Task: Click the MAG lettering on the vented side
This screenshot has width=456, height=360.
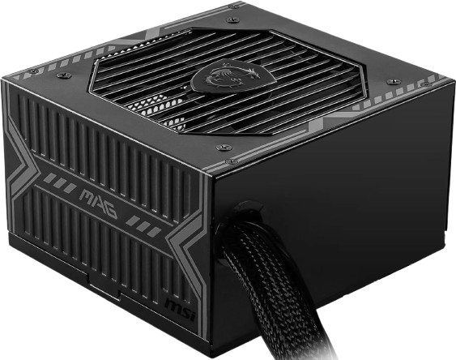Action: coord(98,204)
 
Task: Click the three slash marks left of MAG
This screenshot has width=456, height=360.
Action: coord(59,182)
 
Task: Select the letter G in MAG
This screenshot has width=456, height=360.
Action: coord(110,211)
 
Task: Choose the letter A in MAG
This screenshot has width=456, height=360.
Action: coord(97,204)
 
